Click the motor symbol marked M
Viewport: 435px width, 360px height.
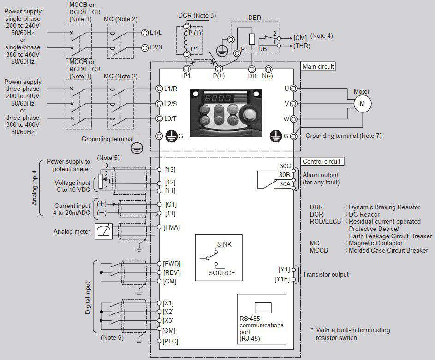click(362, 104)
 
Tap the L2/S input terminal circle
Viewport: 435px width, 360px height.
click(159, 104)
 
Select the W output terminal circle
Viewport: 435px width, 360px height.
click(293, 119)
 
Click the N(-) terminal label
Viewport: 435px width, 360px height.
click(268, 76)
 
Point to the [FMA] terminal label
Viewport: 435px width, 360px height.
click(172, 228)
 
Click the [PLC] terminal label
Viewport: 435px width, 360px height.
click(170, 341)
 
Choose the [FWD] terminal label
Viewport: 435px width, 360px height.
click(172, 264)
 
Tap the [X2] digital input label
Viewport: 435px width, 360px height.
click(168, 312)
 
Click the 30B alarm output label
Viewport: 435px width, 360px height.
click(284, 175)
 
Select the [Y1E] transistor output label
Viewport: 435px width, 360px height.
click(282, 279)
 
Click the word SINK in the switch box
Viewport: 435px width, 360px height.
click(224, 244)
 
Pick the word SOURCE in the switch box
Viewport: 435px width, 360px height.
click(222, 273)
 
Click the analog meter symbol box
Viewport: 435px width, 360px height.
click(103, 231)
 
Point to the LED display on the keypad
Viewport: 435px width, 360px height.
click(218, 98)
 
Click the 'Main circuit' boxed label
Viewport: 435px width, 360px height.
click(318, 66)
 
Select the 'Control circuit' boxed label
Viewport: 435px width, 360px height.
click(322, 162)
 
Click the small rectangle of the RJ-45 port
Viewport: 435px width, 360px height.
click(263, 308)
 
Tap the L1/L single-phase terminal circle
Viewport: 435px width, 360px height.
click(144, 33)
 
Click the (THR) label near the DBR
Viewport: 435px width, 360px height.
click(302, 46)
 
